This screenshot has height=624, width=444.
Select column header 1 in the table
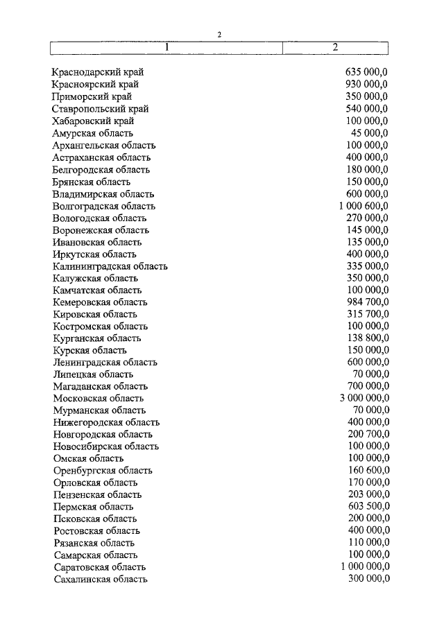(167, 47)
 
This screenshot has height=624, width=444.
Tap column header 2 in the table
(335, 47)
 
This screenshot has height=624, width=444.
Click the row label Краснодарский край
(98, 73)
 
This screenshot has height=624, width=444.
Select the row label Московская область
(98, 398)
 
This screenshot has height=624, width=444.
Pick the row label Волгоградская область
(104, 206)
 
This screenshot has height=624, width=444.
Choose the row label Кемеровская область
(100, 302)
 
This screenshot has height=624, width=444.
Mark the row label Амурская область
(93, 133)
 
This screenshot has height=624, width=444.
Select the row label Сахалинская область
(100, 579)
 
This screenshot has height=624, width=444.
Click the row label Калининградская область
(110, 266)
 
